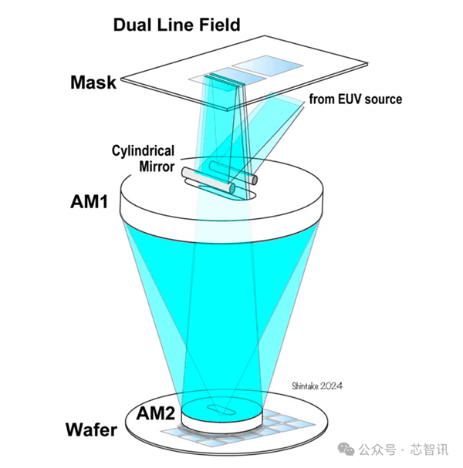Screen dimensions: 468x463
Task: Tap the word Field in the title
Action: click(x=218, y=24)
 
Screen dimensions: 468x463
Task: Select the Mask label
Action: click(x=93, y=82)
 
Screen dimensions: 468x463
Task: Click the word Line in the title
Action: click(x=177, y=24)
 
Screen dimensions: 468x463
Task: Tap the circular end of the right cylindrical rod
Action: click(x=252, y=180)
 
